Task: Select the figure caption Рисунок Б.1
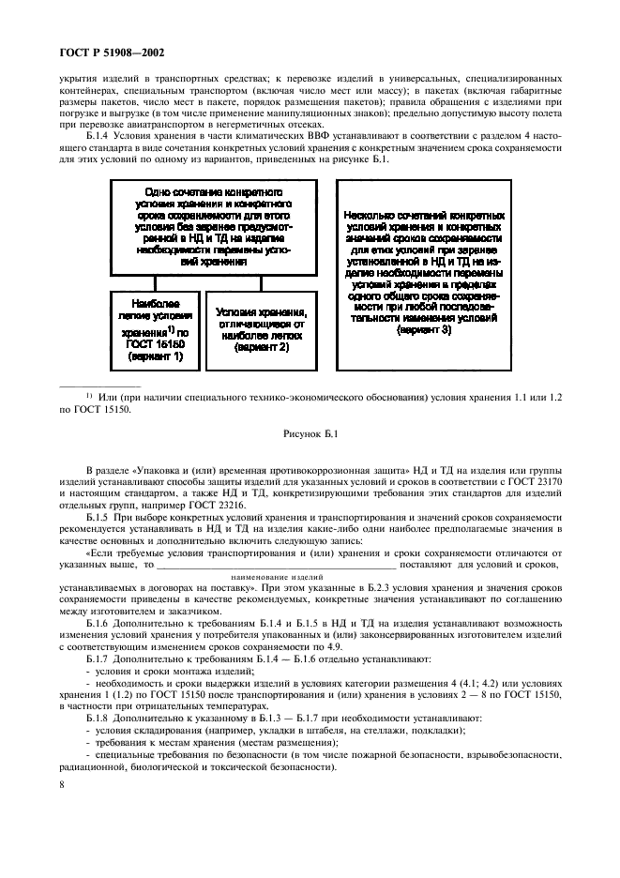[309, 432]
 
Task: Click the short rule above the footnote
[98, 385]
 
